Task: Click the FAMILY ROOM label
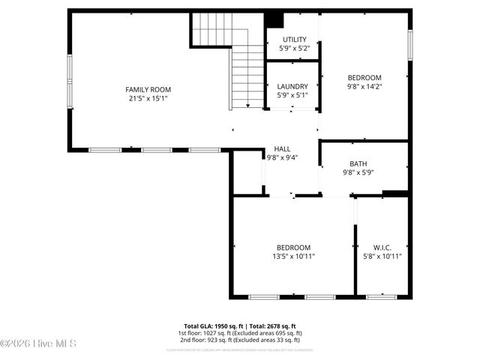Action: click(x=148, y=89)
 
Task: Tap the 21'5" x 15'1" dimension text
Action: click(x=148, y=98)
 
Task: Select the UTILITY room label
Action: click(x=294, y=40)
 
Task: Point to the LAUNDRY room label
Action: click(x=292, y=86)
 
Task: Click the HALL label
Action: click(x=282, y=148)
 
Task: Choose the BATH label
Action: click(x=358, y=163)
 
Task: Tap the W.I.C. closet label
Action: click(x=382, y=247)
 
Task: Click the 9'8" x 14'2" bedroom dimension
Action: click(x=364, y=86)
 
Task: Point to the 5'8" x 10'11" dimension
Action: click(x=382, y=256)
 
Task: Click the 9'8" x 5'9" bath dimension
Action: click(x=358, y=172)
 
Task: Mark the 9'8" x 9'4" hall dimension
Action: click(x=282, y=157)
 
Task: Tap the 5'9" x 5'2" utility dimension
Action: click(x=294, y=49)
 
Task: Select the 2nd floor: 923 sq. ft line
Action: click(x=239, y=340)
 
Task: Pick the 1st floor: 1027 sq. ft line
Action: click(x=239, y=333)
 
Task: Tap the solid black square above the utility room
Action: click(x=274, y=20)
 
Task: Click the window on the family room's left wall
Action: click(x=70, y=79)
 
